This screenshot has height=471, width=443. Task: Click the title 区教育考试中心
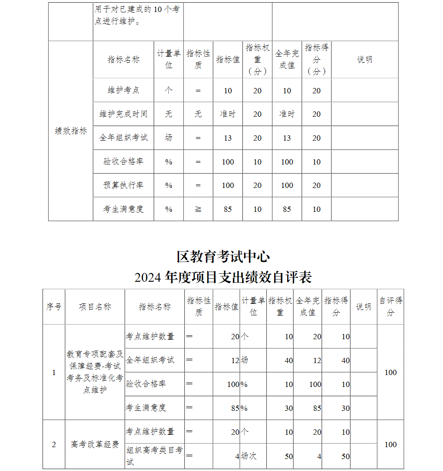(223, 257)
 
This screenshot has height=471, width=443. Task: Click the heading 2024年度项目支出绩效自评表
(223, 277)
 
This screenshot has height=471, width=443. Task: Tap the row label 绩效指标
(71, 131)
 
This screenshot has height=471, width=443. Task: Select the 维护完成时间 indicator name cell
(123, 114)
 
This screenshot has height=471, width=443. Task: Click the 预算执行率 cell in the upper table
(123, 185)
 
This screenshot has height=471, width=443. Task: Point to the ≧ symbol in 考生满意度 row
(198, 209)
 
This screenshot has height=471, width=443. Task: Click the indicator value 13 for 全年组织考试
(228, 138)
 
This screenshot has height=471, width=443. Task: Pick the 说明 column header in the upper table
(365, 60)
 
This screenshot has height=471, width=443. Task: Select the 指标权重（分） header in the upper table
(257, 60)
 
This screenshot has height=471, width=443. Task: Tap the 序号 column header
(54, 307)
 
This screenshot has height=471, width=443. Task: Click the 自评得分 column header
(390, 307)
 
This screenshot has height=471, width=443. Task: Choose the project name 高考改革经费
(95, 444)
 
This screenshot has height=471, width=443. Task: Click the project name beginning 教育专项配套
(95, 372)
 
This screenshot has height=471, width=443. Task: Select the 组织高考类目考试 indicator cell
(154, 456)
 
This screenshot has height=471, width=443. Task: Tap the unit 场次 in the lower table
(249, 456)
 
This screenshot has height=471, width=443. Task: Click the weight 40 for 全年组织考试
(288, 360)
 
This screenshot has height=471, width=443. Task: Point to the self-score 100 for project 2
(390, 444)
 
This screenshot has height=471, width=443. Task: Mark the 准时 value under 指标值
(228, 114)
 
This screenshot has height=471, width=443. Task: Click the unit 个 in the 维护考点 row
(168, 90)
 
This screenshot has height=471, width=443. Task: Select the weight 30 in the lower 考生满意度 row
(288, 408)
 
